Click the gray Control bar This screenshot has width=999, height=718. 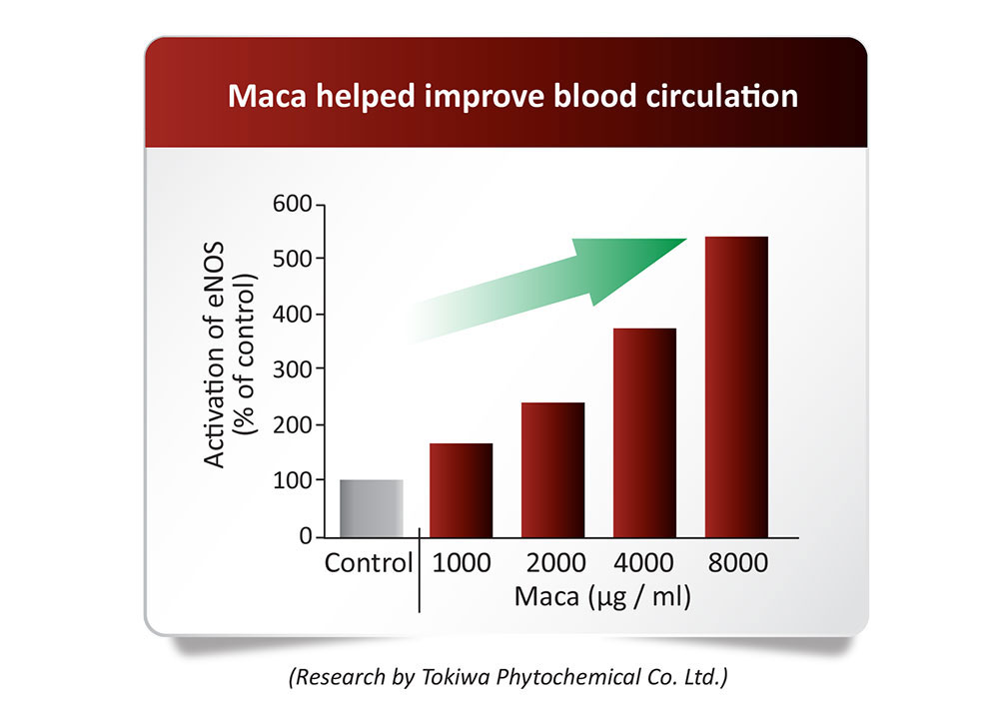pyautogui.click(x=372, y=508)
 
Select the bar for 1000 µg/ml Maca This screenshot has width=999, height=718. pyautogui.click(x=462, y=490)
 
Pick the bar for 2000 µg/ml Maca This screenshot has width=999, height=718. pyautogui.click(x=553, y=470)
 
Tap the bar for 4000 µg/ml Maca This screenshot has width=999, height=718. pyautogui.click(x=644, y=433)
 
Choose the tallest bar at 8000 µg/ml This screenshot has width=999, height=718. pyautogui.click(x=736, y=387)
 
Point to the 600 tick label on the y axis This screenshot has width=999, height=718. pyautogui.click(x=293, y=204)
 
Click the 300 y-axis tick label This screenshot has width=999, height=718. pyautogui.click(x=293, y=369)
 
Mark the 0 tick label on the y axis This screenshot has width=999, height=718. pyautogui.click(x=306, y=536)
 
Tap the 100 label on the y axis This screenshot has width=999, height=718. pyautogui.click(x=293, y=480)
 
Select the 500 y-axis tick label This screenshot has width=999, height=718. pyautogui.click(x=293, y=260)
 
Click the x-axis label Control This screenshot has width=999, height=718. pyautogui.click(x=369, y=563)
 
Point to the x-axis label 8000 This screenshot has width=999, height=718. pyautogui.click(x=738, y=563)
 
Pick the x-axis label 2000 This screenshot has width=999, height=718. pyautogui.click(x=555, y=563)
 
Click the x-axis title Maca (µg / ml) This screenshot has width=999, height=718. pyautogui.click(x=602, y=597)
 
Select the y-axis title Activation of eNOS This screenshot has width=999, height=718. pyautogui.click(x=214, y=355)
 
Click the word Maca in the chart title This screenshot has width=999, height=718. pyautogui.click(x=267, y=96)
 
